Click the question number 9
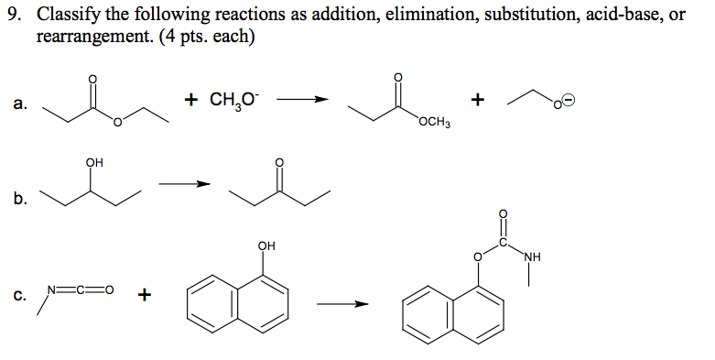pos(13,17)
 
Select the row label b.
pos(19,197)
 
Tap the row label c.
pos(19,295)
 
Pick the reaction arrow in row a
pos(302,102)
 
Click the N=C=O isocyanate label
pos(81,292)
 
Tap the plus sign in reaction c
pos(144,295)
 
